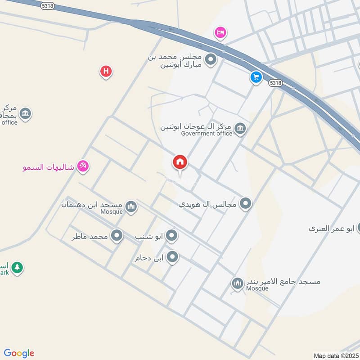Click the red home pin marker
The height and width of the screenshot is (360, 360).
pyautogui.click(x=180, y=162)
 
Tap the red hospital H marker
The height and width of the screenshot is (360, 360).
pyautogui.click(x=106, y=71)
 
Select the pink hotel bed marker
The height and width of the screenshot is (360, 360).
pyautogui.click(x=220, y=32)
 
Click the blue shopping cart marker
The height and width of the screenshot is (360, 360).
pyautogui.click(x=256, y=77)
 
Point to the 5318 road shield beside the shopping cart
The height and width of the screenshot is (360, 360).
pyautogui.click(x=275, y=83)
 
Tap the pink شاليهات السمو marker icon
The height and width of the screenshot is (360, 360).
pyautogui.click(x=83, y=166)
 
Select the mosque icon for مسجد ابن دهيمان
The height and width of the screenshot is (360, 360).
pyautogui.click(x=131, y=207)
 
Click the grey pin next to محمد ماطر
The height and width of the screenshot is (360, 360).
pyautogui.click(x=117, y=235)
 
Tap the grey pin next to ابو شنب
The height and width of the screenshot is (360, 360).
pyautogui.click(x=171, y=235)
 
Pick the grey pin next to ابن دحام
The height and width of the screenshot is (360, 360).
pyautogui.click(x=172, y=257)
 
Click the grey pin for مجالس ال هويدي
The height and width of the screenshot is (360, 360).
pyautogui.click(x=245, y=203)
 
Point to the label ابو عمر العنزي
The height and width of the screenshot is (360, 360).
pyautogui.click(x=331, y=228)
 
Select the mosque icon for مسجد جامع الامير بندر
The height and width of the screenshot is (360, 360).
pyautogui.click(x=237, y=283)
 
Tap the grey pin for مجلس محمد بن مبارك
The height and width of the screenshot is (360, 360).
pyautogui.click(x=210, y=59)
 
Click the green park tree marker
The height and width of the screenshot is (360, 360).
pyautogui.click(x=17, y=268)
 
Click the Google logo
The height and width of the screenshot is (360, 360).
pyautogui.click(x=19, y=353)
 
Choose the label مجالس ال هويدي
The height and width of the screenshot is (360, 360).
pyautogui.click(x=207, y=204)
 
